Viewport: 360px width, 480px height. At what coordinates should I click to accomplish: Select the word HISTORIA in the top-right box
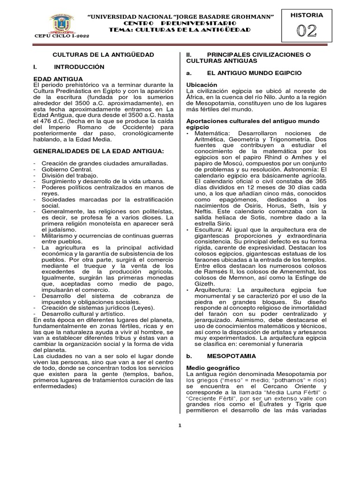pos(307,15)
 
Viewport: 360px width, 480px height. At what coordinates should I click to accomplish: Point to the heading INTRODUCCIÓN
pos(79,67)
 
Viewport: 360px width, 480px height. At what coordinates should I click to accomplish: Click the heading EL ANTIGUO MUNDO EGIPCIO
pos(254,73)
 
